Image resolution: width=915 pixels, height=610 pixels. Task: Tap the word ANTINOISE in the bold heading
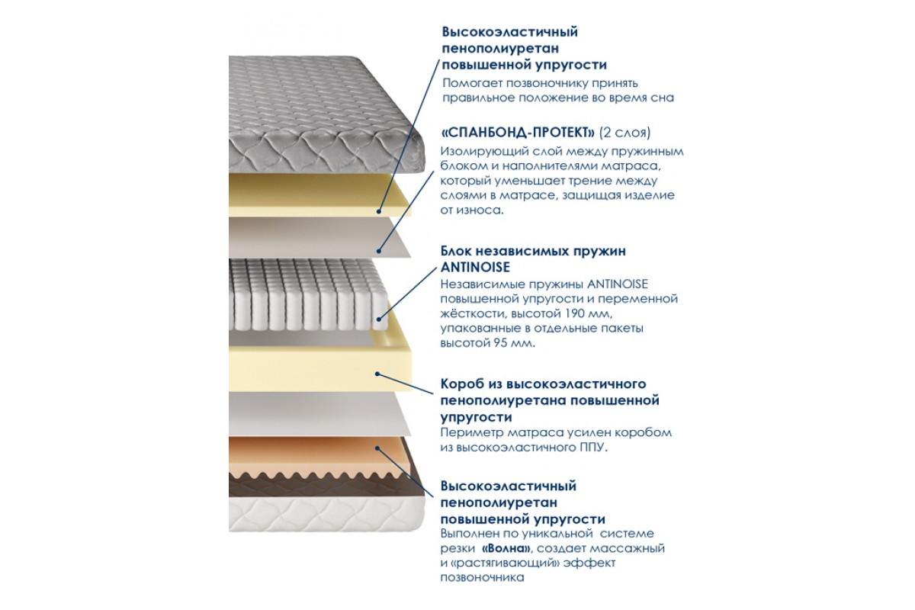[x=475, y=267]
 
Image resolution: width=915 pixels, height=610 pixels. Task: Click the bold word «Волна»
[x=506, y=548]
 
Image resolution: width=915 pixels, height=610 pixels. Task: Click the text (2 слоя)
[x=625, y=133]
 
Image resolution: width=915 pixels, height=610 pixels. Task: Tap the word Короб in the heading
[x=462, y=384]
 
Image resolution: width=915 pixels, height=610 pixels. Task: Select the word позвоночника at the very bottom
[x=482, y=578]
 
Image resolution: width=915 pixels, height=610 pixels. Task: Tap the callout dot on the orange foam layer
[x=377, y=448]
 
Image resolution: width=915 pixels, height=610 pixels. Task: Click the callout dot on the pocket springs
[x=379, y=319]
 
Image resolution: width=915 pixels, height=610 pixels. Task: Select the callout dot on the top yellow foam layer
[x=379, y=212]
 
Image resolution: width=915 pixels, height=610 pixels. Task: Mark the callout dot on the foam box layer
[x=377, y=374]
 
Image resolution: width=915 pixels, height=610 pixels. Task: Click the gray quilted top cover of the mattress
[x=319, y=111]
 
